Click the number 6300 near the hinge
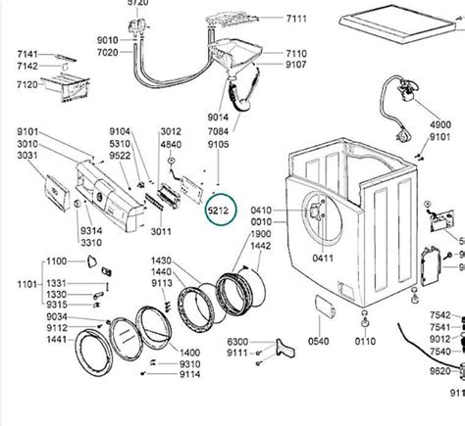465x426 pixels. coord(239,342)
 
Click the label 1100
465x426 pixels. coord(57,262)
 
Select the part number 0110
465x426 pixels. coord(365,342)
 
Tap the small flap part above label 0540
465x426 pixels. coord(321,310)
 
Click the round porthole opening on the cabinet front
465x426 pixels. coord(313,216)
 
